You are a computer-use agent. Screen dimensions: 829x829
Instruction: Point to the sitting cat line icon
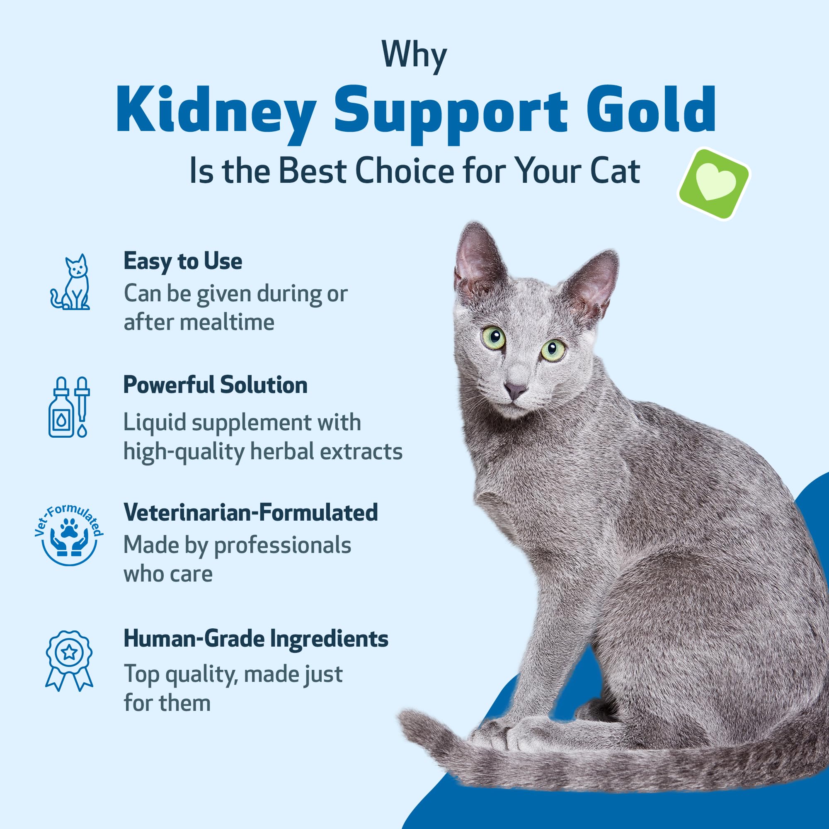click(x=71, y=282)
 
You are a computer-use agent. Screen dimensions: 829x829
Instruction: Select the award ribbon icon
click(x=69, y=659)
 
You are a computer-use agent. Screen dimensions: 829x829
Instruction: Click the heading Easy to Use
click(x=183, y=261)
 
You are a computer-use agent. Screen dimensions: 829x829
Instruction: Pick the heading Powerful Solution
click(x=216, y=385)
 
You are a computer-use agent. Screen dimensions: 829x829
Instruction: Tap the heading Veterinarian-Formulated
click(x=251, y=512)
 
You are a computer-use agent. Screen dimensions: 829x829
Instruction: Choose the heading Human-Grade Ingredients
click(x=256, y=638)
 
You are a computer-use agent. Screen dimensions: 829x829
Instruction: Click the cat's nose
click(x=515, y=390)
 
